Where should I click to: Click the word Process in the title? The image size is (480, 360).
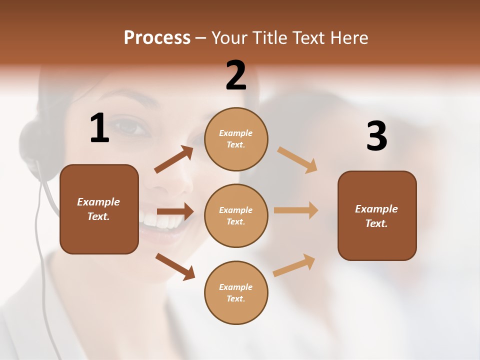pyautogui.click(x=157, y=38)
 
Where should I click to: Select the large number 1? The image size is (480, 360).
pyautogui.click(x=99, y=128)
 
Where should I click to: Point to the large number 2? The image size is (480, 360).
pyautogui.click(x=236, y=75)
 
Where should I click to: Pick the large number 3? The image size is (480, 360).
pyautogui.click(x=377, y=136)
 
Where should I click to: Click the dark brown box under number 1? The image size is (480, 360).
pyautogui.click(x=99, y=209)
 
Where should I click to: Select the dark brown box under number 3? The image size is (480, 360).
pyautogui.click(x=377, y=215)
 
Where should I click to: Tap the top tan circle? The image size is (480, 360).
pyautogui.click(x=236, y=139)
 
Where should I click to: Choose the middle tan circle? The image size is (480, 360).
pyautogui.click(x=236, y=215)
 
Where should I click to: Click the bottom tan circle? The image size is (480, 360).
pyautogui.click(x=236, y=292)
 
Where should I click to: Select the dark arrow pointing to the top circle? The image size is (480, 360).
pyautogui.click(x=174, y=159)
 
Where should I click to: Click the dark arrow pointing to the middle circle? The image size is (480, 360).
pyautogui.click(x=175, y=211)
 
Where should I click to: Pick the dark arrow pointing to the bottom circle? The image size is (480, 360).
pyautogui.click(x=175, y=266)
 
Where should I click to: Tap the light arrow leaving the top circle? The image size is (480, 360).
pyautogui.click(x=297, y=159)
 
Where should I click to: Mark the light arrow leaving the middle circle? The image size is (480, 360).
pyautogui.click(x=296, y=210)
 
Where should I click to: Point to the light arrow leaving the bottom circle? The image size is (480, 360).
pyautogui.click(x=294, y=265)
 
